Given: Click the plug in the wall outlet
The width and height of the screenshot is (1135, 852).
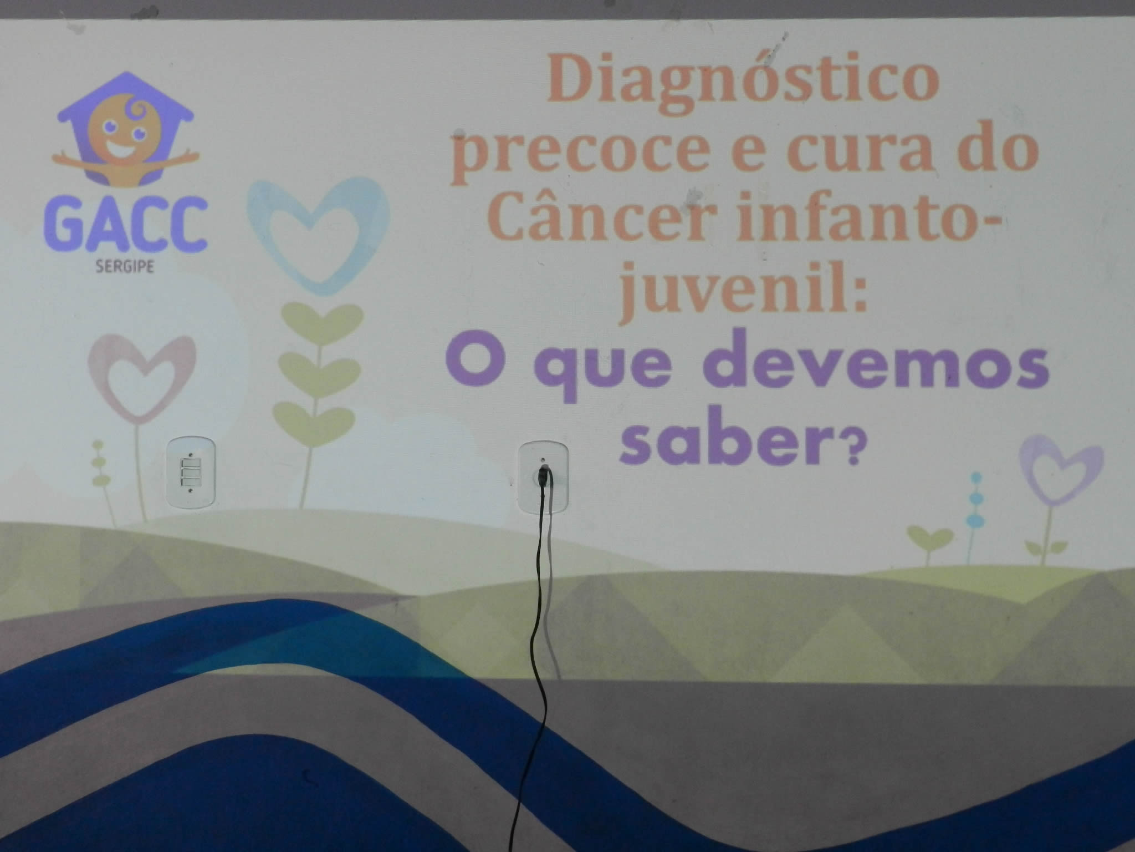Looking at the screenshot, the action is click(x=544, y=478).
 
